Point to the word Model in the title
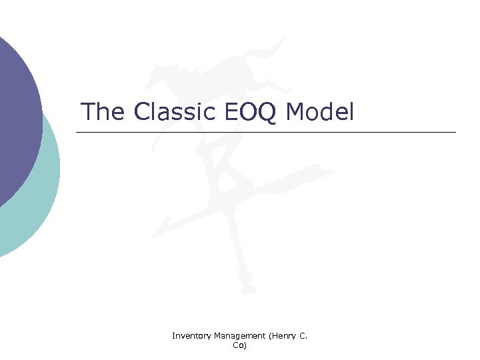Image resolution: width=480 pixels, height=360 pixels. click(x=319, y=111)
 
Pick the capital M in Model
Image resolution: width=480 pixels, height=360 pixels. click(x=295, y=111)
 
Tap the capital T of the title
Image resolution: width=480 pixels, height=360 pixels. click(x=87, y=111)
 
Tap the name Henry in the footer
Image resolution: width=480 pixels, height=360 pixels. click(x=283, y=337)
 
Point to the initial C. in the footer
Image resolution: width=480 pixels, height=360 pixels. click(x=303, y=337)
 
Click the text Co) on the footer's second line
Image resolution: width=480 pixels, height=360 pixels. click(x=240, y=345)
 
